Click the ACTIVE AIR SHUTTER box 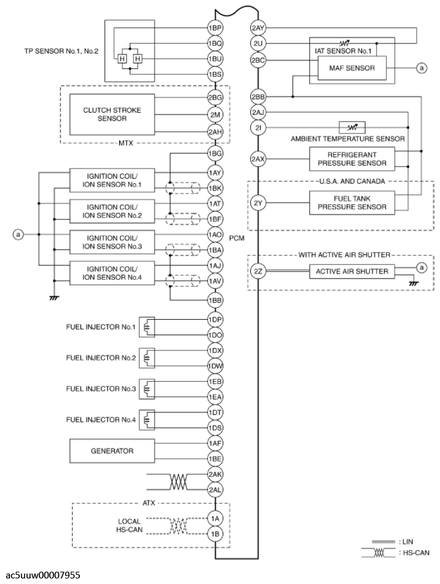click(x=352, y=270)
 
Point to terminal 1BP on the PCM click(x=214, y=28)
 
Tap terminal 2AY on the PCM click(x=257, y=28)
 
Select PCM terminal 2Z click(x=257, y=270)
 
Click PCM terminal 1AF click(x=214, y=443)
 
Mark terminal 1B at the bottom click(x=214, y=534)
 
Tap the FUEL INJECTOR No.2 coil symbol click(x=147, y=357)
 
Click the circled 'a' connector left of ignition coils click(x=19, y=234)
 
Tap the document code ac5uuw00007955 click(x=42, y=575)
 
